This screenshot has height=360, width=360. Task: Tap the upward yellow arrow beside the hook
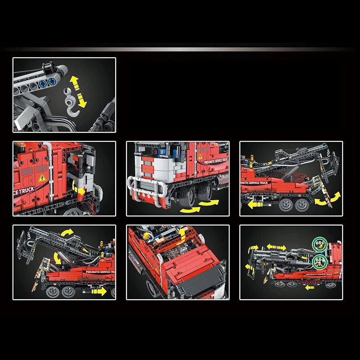coord(74,82)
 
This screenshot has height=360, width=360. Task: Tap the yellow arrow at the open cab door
coord(81,191)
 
